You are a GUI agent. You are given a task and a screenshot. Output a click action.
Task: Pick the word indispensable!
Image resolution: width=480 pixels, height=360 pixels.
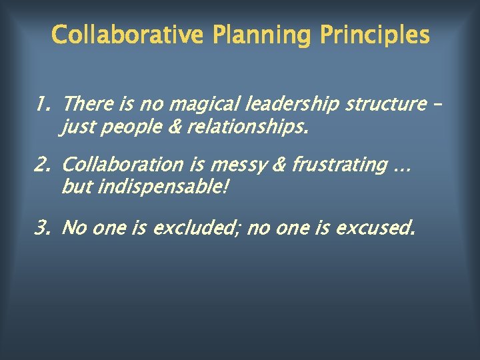(163, 187)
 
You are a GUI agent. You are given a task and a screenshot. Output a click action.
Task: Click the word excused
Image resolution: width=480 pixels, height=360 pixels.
(376, 229)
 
